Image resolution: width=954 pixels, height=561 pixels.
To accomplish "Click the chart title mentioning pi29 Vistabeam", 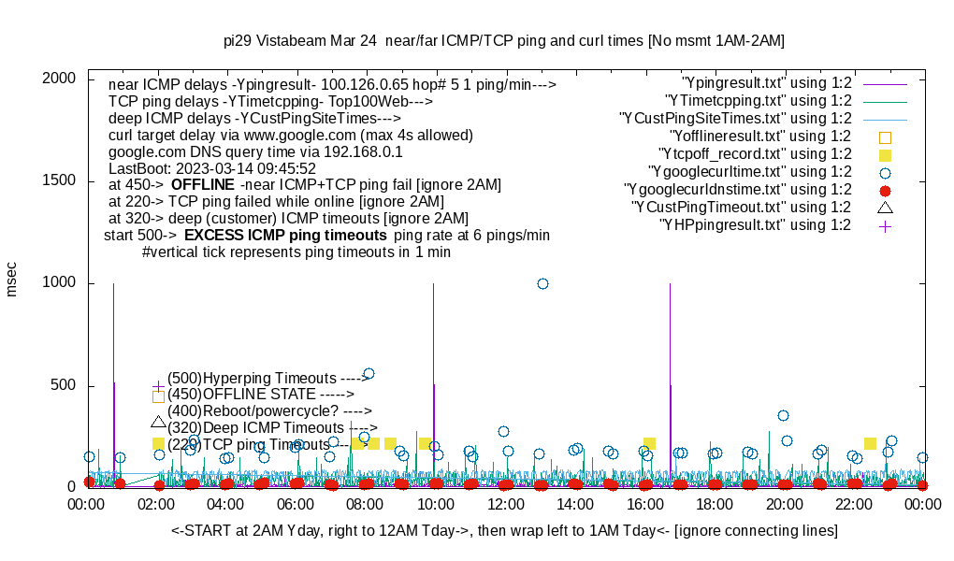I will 504,41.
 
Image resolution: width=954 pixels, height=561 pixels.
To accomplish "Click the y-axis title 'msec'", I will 12,279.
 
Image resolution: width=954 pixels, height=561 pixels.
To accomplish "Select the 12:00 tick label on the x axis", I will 505,504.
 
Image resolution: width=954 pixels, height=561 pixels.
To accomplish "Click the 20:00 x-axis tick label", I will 784,504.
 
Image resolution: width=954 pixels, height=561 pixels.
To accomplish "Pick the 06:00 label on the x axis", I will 296,504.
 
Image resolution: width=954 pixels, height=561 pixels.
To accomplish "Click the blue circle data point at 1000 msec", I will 542,283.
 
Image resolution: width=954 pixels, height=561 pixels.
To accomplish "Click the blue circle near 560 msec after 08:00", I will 369,373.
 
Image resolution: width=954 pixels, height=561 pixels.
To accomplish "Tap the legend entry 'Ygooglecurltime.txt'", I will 749,171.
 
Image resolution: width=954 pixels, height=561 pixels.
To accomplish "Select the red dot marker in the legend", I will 885,190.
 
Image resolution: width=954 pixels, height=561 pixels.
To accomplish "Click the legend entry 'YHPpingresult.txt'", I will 755,224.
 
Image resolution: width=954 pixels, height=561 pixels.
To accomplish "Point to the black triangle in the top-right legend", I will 885,207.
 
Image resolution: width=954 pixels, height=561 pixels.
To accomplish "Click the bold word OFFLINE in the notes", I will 202,185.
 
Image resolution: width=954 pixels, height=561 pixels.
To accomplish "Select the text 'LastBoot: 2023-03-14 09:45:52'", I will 212,168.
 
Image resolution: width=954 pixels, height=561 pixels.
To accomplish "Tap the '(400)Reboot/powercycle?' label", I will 269,410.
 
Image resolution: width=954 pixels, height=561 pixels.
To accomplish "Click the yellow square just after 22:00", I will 870,443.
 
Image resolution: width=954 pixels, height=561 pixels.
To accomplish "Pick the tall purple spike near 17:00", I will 670,374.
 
